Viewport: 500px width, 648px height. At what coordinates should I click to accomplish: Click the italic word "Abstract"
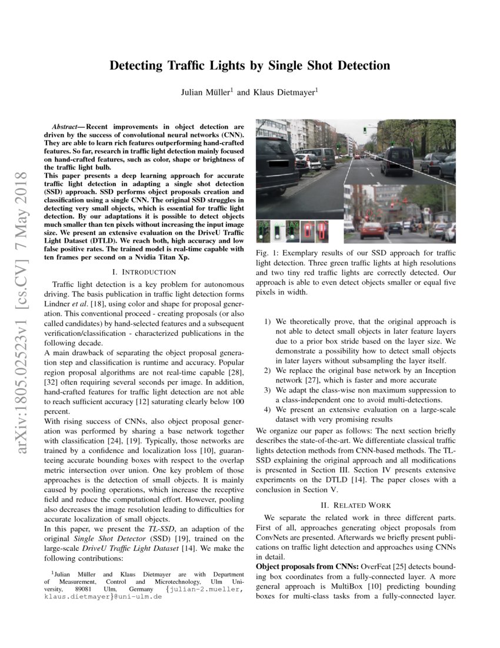pyautogui.click(x=66, y=127)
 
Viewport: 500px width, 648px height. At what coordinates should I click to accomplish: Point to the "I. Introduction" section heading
pyautogui.click(x=144, y=272)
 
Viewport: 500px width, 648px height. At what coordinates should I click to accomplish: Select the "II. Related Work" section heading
pyautogui.click(x=356, y=505)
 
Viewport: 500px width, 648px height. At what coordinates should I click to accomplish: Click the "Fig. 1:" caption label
pyautogui.click(x=268, y=253)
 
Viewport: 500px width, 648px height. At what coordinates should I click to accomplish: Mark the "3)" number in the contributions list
pyautogui.click(x=268, y=390)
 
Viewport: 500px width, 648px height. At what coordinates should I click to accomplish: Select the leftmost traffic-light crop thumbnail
pyautogui.click(x=263, y=231)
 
